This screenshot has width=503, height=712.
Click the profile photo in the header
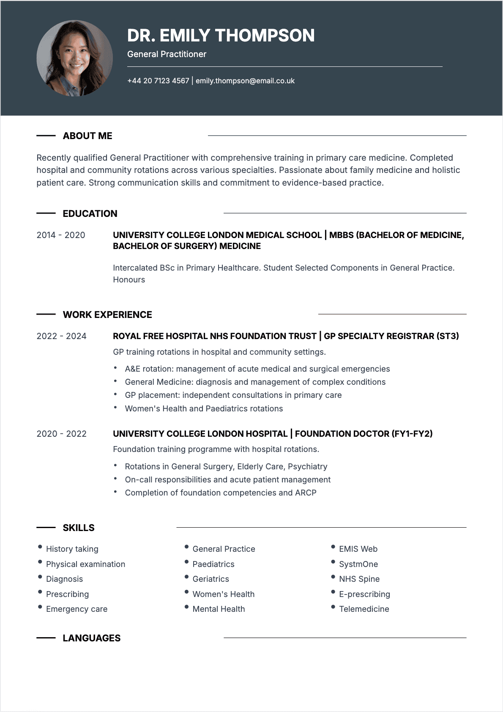(x=75, y=58)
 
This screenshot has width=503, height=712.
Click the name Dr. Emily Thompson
(x=221, y=36)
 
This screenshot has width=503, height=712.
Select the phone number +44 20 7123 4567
(x=158, y=81)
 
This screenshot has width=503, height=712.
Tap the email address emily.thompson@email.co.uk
(x=245, y=81)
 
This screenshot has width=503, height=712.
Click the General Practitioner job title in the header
(x=167, y=54)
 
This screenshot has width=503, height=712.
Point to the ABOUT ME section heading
(x=87, y=136)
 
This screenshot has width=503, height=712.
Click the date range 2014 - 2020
(x=61, y=235)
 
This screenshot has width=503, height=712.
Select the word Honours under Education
(x=129, y=279)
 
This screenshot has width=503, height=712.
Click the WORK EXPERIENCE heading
(x=107, y=315)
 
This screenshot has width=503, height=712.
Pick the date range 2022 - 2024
(x=61, y=336)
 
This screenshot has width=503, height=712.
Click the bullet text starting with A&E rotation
(x=257, y=369)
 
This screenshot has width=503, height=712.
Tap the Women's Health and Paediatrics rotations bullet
(x=204, y=408)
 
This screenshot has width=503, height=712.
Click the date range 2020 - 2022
(x=61, y=434)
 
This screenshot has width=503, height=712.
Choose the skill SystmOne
(x=358, y=564)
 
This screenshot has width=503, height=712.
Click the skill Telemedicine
(x=364, y=609)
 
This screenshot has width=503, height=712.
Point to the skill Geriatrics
(x=210, y=579)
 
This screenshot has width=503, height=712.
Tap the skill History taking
(x=72, y=549)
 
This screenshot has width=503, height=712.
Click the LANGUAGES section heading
(x=91, y=638)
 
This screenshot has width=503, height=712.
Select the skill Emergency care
(x=77, y=609)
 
